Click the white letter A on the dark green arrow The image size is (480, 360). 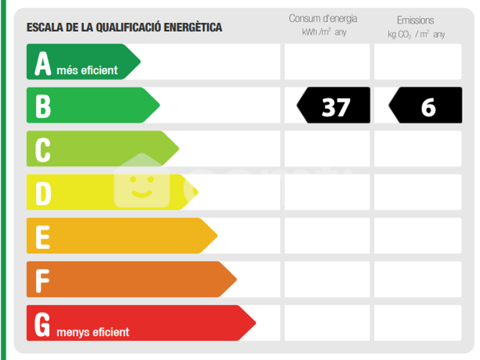(x=42, y=63)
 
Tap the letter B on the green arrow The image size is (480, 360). (x=43, y=106)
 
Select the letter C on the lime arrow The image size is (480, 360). (x=43, y=150)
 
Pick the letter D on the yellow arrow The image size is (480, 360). (x=43, y=193)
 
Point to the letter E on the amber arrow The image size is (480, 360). (x=43, y=237)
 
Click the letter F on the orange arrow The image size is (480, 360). (x=42, y=281)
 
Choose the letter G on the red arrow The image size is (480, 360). (x=42, y=324)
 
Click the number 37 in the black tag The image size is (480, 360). (x=336, y=107)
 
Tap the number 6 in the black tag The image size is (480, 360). (x=428, y=107)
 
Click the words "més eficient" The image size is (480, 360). (x=87, y=70)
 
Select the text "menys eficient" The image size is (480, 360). (x=93, y=332)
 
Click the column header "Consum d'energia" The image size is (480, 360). (x=323, y=18)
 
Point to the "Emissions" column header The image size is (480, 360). (x=415, y=20)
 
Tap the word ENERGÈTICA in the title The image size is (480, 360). (x=193, y=27)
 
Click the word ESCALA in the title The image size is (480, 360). (x=45, y=27)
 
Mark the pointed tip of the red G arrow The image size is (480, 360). (x=255, y=323)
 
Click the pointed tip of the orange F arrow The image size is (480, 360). (x=237, y=279)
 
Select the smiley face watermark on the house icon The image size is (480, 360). (x=142, y=186)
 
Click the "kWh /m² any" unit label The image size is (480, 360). (x=324, y=32)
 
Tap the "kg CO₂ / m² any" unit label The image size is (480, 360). (x=417, y=34)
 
